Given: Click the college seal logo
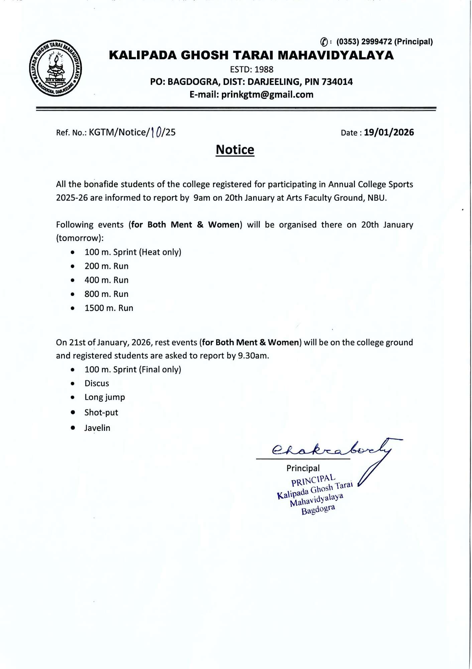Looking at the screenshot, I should click(x=55, y=69).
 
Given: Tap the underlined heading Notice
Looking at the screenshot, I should click(x=235, y=150).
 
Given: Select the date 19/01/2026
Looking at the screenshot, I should click(x=389, y=132).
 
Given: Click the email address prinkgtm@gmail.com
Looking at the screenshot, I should click(x=267, y=95).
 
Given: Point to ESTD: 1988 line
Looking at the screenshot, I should click(x=251, y=70).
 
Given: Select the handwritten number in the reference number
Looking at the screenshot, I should click(x=156, y=132).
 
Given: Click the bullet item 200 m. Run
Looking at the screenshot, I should click(x=106, y=266).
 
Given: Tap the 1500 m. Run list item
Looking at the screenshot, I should click(x=109, y=308).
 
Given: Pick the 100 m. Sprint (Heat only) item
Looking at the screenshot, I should click(x=133, y=252).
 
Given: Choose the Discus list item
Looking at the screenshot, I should click(x=97, y=383).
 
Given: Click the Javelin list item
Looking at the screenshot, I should click(x=97, y=428).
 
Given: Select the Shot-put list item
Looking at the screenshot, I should click(x=101, y=412).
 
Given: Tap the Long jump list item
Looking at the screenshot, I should click(x=104, y=397).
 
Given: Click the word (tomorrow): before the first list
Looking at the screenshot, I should click(x=80, y=238).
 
